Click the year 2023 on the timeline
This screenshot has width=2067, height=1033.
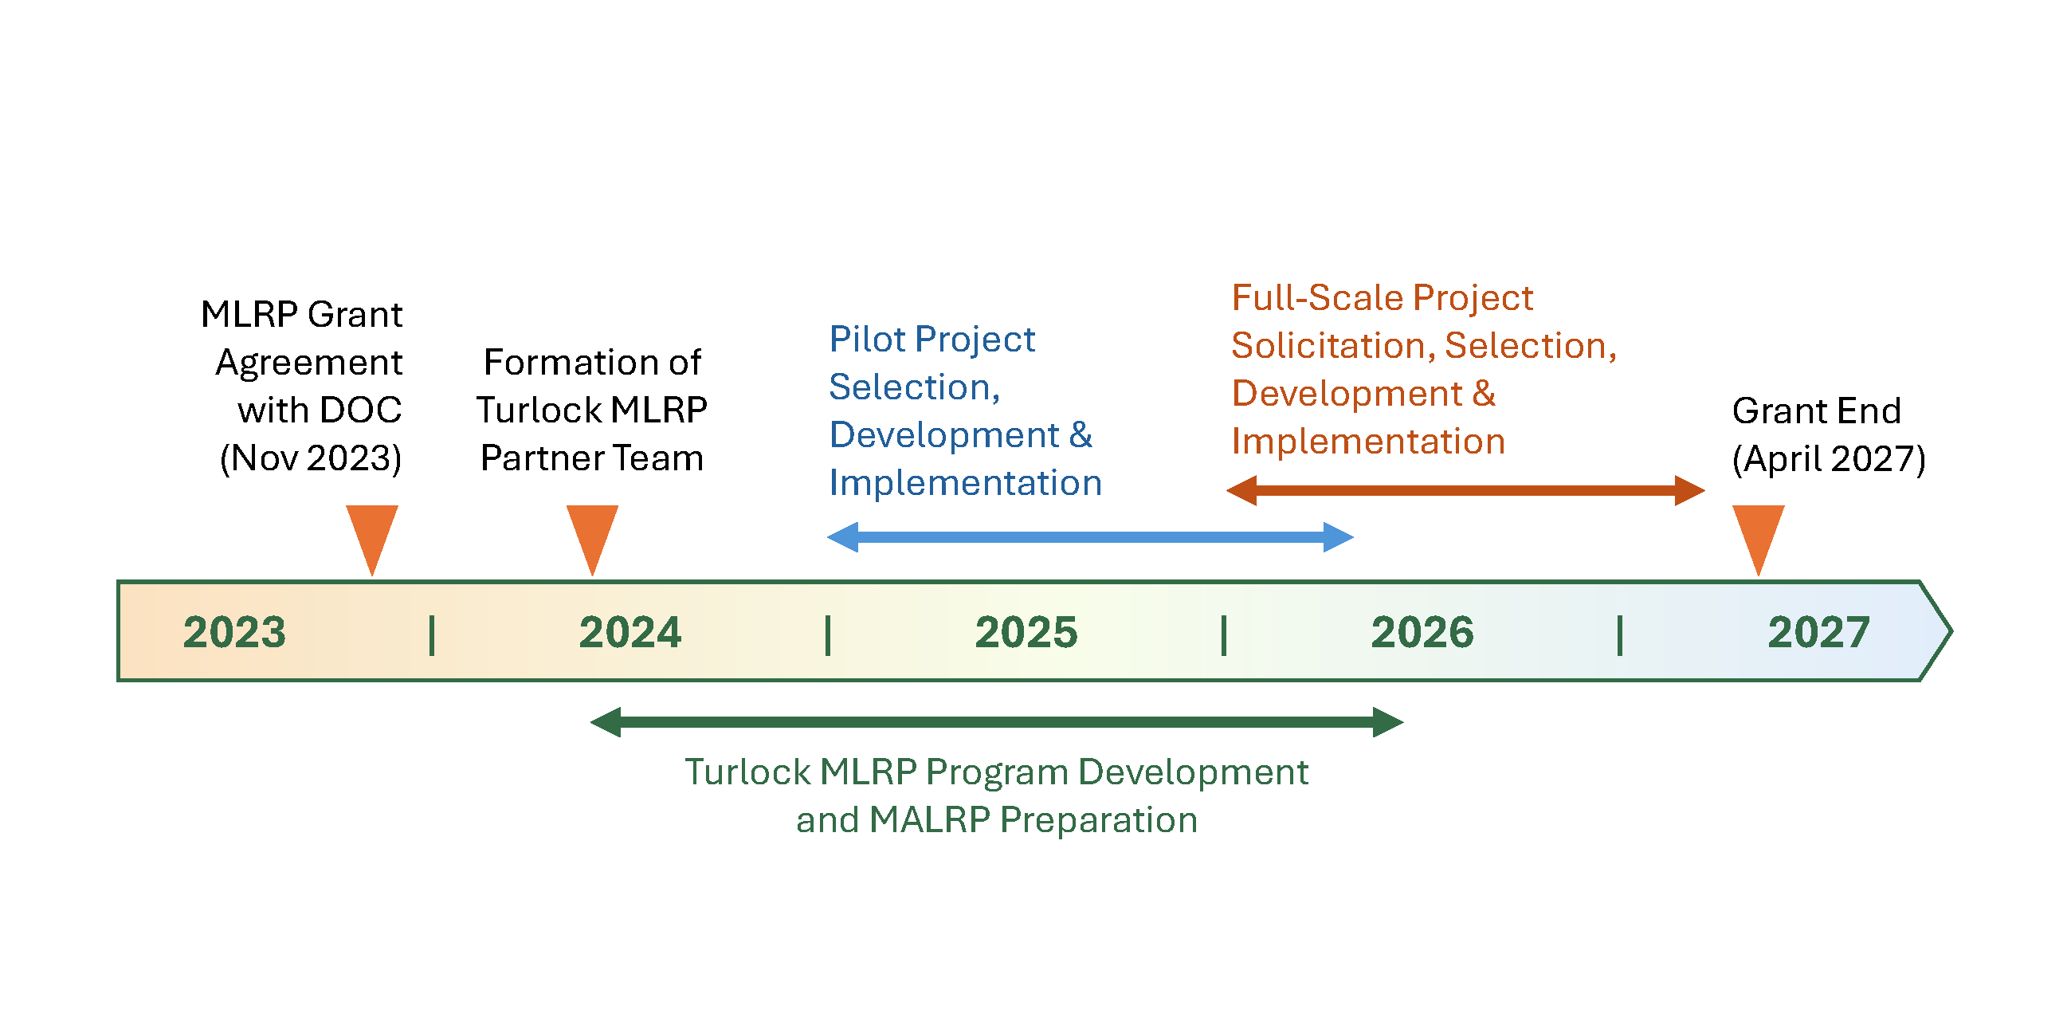click(234, 633)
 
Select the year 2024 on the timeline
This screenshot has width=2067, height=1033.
click(630, 633)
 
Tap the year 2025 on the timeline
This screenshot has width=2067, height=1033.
click(1026, 633)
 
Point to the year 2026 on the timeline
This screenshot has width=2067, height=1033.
click(1422, 633)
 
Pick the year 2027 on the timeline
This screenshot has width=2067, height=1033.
click(1818, 633)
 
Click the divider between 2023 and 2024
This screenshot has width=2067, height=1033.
click(432, 635)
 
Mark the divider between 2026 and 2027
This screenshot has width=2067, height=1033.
click(1620, 635)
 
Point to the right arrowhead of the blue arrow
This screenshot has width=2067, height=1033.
click(1338, 537)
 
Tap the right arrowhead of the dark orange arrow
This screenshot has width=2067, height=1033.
click(1689, 490)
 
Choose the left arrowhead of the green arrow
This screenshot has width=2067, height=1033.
click(606, 721)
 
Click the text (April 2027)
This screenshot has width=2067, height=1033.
click(1829, 459)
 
